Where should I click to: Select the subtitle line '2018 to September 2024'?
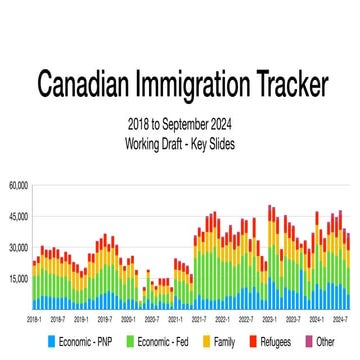coord(180,126)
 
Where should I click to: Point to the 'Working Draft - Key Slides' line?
coord(180,142)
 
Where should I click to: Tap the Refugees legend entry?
coord(277,342)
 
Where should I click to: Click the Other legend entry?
coord(325,342)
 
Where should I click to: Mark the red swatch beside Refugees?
coord(252,342)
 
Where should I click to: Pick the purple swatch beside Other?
coord(309,342)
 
